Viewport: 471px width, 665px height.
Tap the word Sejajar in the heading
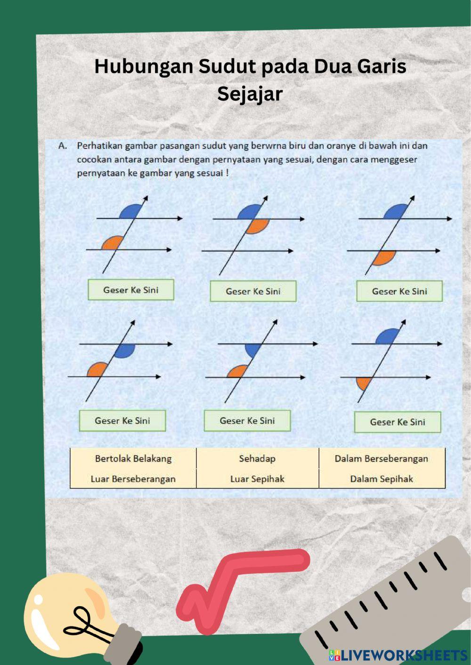click(x=250, y=94)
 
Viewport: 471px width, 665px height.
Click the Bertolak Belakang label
click(x=133, y=458)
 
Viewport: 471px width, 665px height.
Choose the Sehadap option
click(x=257, y=458)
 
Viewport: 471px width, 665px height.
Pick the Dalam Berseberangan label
click(x=381, y=458)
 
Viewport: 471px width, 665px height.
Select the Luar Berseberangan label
click(x=133, y=479)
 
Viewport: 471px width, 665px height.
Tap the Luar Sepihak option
click(x=257, y=479)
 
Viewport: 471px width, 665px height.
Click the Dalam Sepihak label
click(x=381, y=479)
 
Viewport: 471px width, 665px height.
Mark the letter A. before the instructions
click(x=63, y=146)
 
